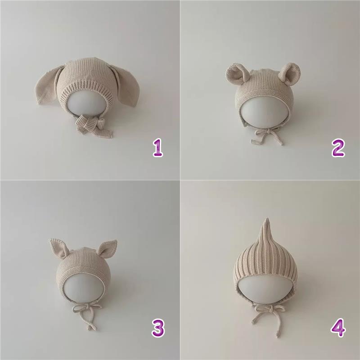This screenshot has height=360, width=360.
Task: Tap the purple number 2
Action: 338,148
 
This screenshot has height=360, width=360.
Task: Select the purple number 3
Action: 158,328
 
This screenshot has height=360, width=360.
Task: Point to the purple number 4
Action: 338,328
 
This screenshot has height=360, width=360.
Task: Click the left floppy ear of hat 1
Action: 48,86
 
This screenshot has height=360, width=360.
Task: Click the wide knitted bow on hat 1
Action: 93,125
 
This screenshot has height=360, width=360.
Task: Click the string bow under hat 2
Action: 267,135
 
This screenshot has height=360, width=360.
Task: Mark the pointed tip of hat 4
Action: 266,218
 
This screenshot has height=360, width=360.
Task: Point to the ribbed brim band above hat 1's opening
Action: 87,88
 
